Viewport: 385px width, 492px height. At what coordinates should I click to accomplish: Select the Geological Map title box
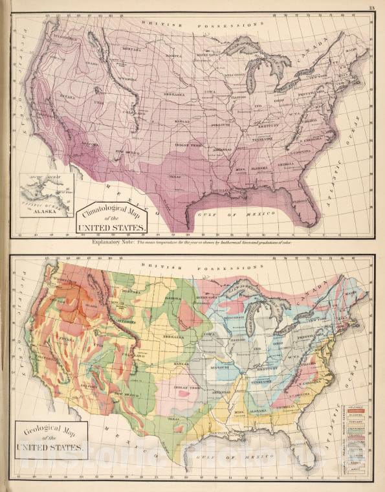pyautogui.click(x=50, y=440)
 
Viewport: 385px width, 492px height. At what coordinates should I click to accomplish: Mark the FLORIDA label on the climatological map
pyautogui.click(x=299, y=202)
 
